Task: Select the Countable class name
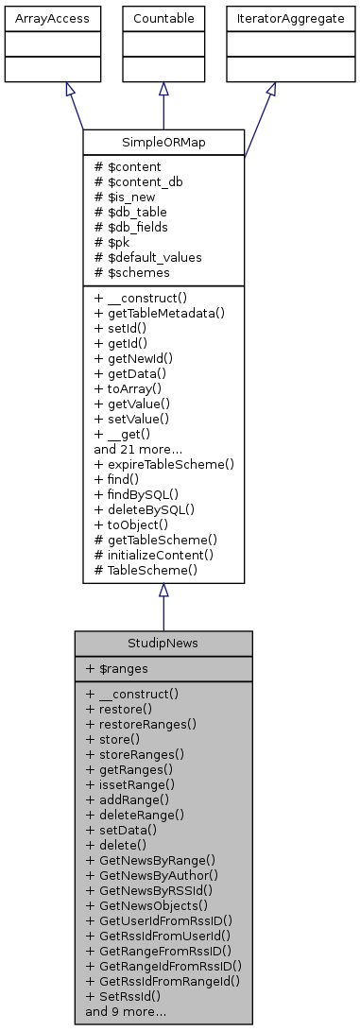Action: (x=163, y=18)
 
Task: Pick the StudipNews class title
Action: (x=163, y=644)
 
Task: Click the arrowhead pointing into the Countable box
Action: (x=163, y=89)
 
